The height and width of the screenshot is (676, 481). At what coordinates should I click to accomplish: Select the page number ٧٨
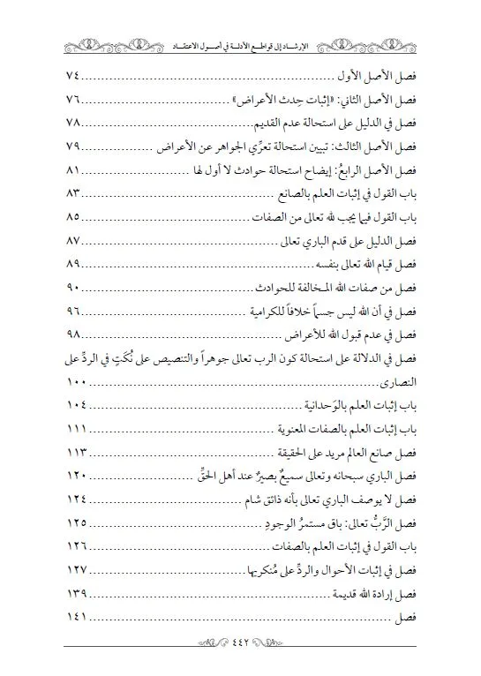(x=79, y=122)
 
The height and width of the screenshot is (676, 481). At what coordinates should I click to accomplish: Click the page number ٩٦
(x=79, y=312)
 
